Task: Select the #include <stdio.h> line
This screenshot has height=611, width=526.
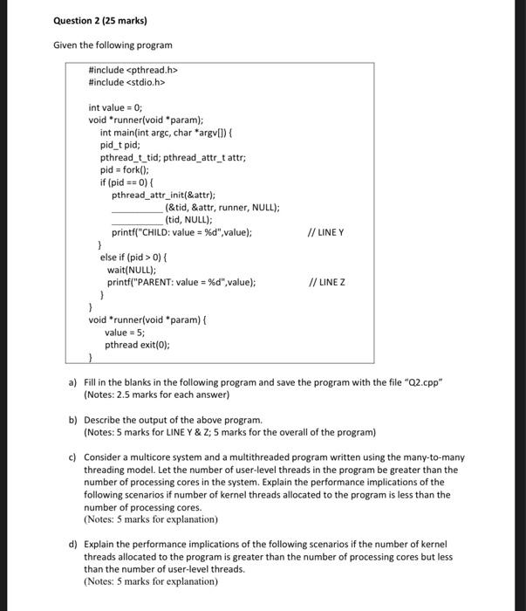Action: (127, 83)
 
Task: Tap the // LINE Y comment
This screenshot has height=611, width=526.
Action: (327, 232)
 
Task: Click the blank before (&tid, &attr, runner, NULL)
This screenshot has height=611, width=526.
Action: (137, 208)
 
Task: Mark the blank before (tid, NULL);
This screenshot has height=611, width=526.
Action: (137, 220)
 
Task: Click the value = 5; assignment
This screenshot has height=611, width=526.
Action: (125, 333)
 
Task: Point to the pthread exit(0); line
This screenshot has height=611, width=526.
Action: (138, 345)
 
